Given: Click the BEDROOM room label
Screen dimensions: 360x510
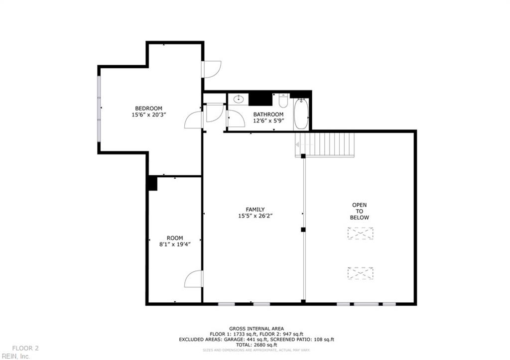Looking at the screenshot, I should (x=148, y=109).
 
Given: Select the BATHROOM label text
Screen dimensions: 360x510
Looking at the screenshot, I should (x=268, y=115).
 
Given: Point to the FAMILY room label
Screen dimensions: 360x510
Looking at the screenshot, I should (x=255, y=210).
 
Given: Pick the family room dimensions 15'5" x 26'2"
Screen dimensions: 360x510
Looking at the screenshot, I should (x=255, y=216).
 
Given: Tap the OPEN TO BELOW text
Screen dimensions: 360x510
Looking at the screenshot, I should (x=360, y=211).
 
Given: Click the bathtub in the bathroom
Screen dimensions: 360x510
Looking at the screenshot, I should (x=301, y=114).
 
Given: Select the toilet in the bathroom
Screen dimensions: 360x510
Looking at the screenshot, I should (x=283, y=101).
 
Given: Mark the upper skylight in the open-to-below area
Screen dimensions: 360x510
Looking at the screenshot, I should (x=360, y=233).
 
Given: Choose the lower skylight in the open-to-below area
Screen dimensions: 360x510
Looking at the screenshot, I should (x=360, y=273).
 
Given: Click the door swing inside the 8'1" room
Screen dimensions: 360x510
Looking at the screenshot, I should (x=194, y=279).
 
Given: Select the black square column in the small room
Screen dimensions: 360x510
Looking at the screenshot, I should (x=152, y=183).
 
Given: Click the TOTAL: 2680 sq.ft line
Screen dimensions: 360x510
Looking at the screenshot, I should (x=256, y=345).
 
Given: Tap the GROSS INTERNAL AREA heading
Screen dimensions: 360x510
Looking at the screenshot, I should (x=256, y=329).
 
